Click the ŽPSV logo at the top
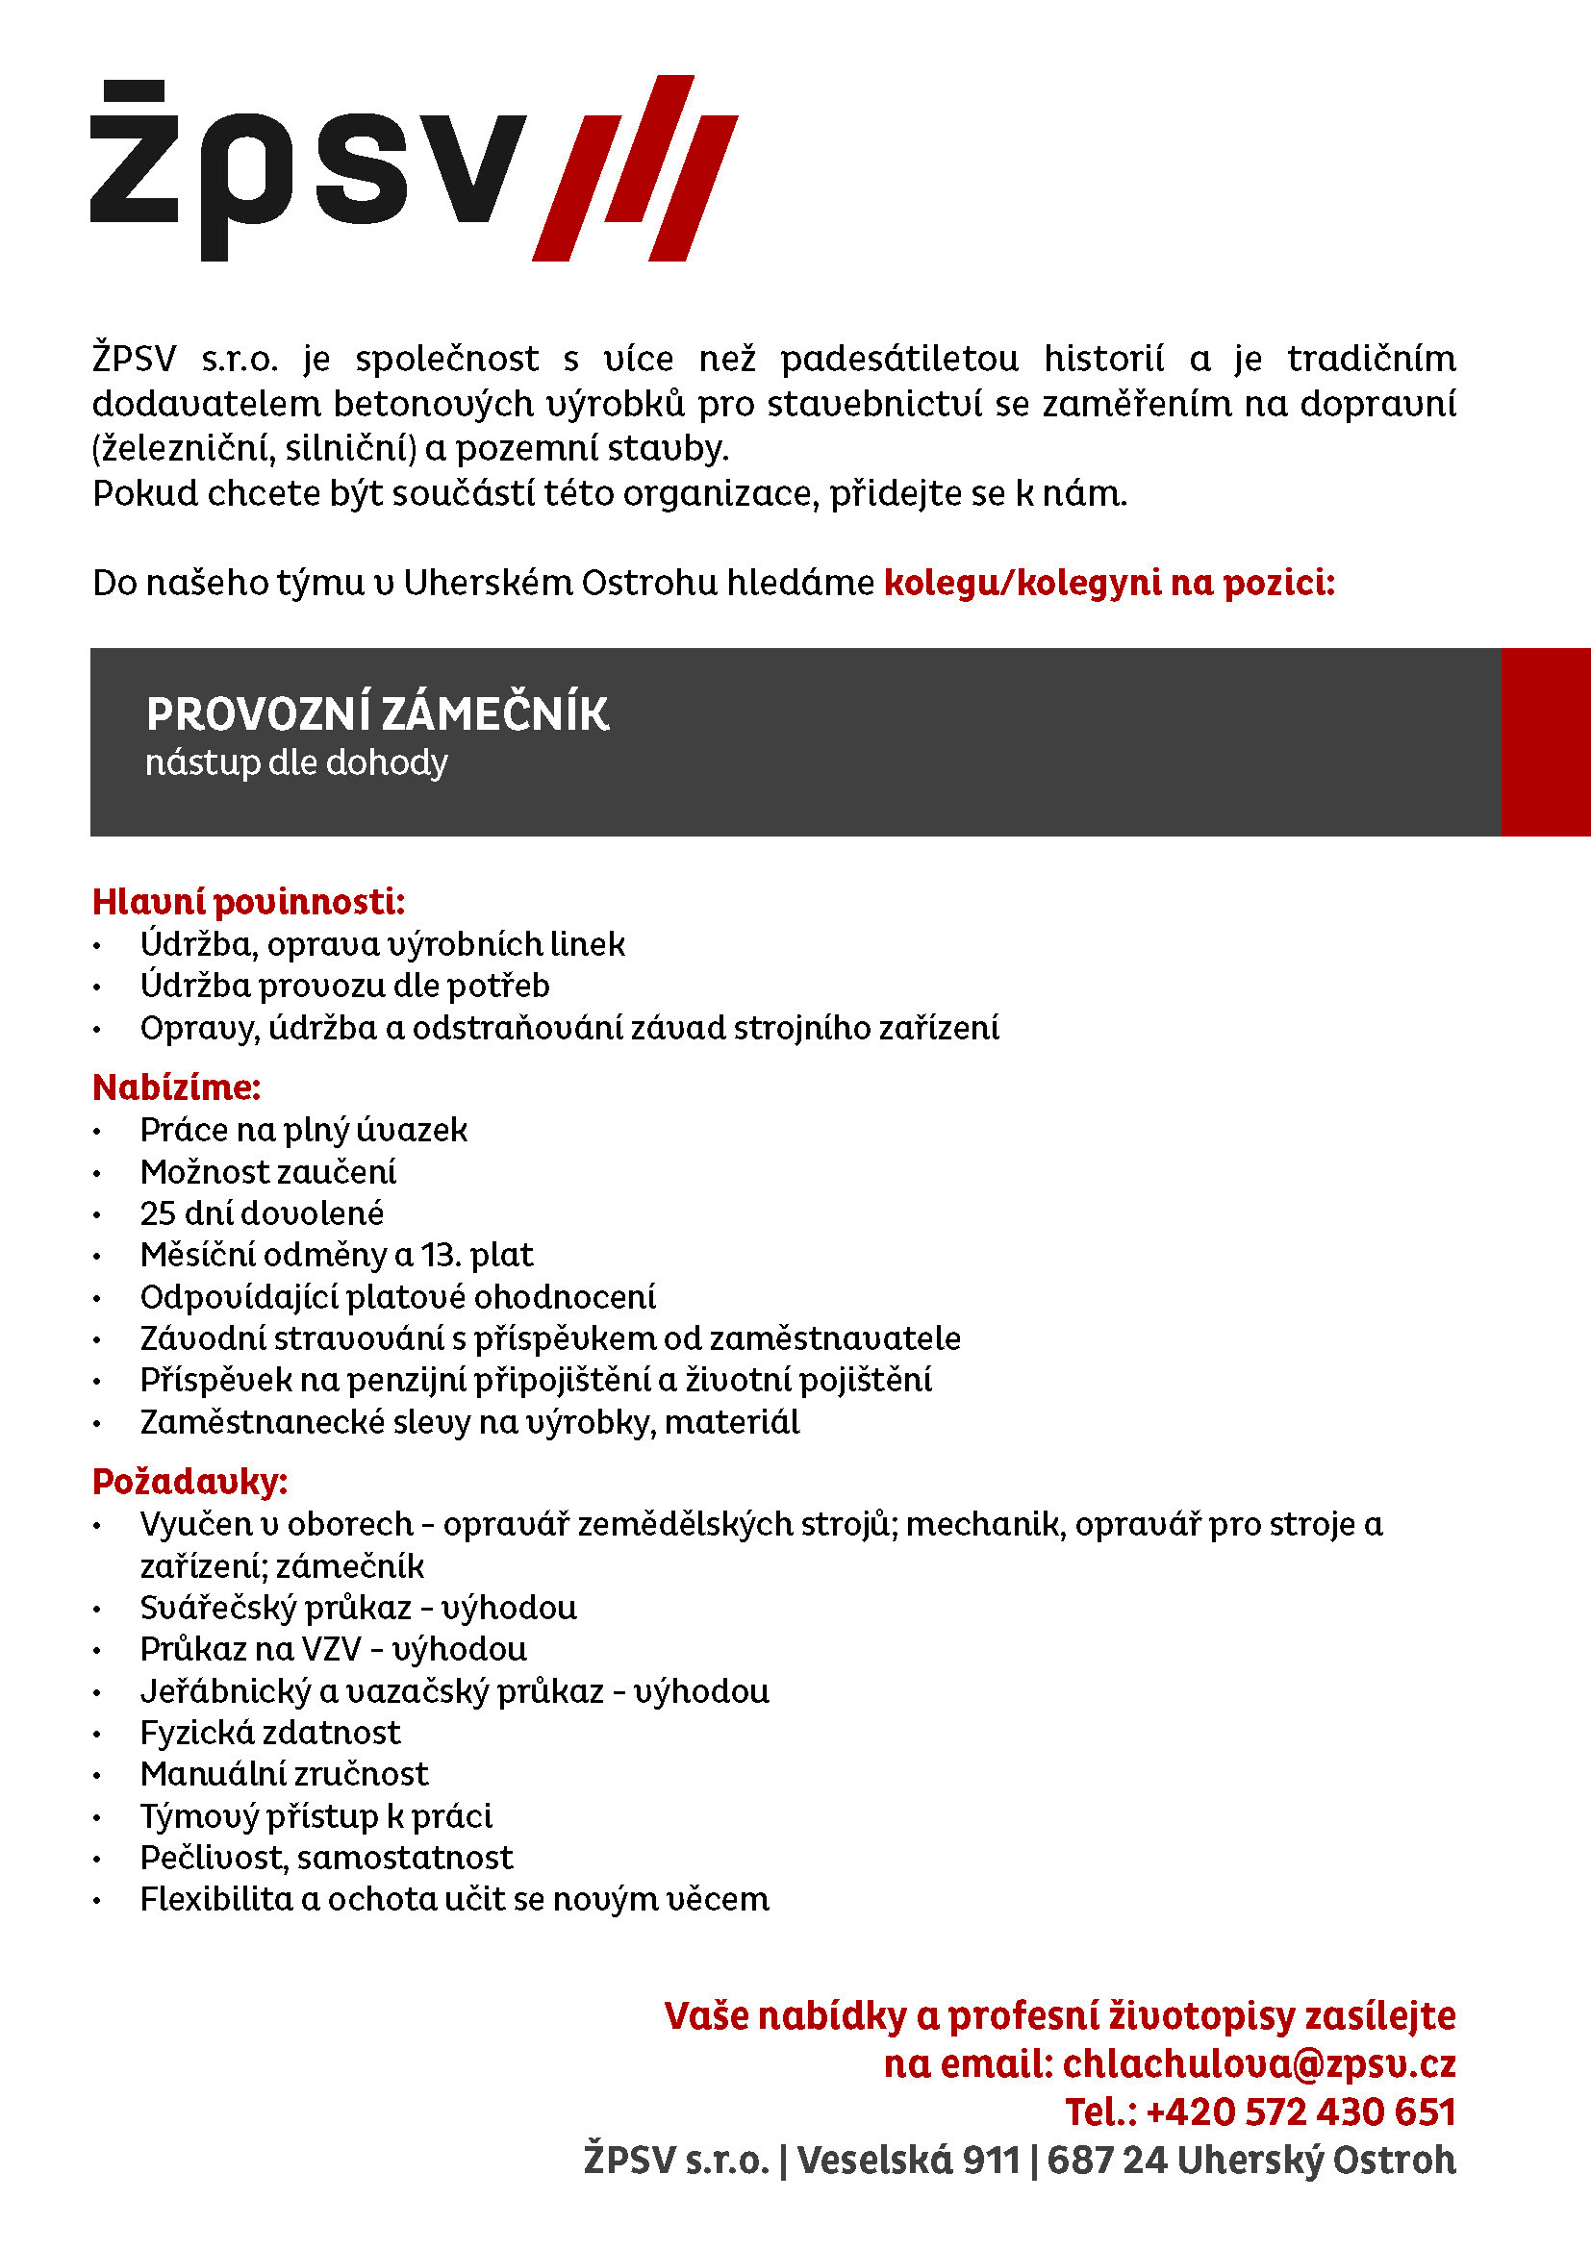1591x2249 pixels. pyautogui.click(x=412, y=168)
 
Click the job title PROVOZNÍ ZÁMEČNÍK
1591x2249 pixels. pyautogui.click(x=377, y=714)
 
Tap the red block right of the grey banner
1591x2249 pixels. pyautogui.click(x=1545, y=741)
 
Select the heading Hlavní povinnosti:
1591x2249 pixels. pyautogui.click(x=248, y=902)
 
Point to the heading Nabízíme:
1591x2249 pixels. pyautogui.click(x=176, y=1087)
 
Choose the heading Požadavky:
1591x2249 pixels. pyautogui.click(x=190, y=1481)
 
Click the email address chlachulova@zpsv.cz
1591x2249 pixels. pyautogui.click(x=1259, y=2063)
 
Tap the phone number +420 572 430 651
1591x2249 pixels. pyautogui.click(x=1301, y=2112)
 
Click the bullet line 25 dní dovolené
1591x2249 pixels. pyautogui.click(x=262, y=1213)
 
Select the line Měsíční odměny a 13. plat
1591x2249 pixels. pyautogui.click(x=336, y=1255)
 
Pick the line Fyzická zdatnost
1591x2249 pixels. pyautogui.click(x=270, y=1733)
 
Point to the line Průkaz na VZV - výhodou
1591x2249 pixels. pyautogui.click(x=333, y=1650)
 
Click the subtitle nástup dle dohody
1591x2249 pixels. pyautogui.click(x=296, y=762)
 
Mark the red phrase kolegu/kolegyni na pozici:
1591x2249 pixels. pyautogui.click(x=1109, y=583)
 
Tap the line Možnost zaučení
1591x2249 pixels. pyautogui.click(x=267, y=1172)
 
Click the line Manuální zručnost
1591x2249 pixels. pyautogui.click(x=284, y=1774)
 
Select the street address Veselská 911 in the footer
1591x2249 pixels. pyautogui.click(x=908, y=2160)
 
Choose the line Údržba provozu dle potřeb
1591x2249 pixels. pyautogui.click(x=345, y=986)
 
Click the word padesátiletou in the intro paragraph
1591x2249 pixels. pyautogui.click(x=899, y=359)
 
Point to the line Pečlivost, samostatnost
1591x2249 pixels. pyautogui.click(x=326, y=1858)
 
